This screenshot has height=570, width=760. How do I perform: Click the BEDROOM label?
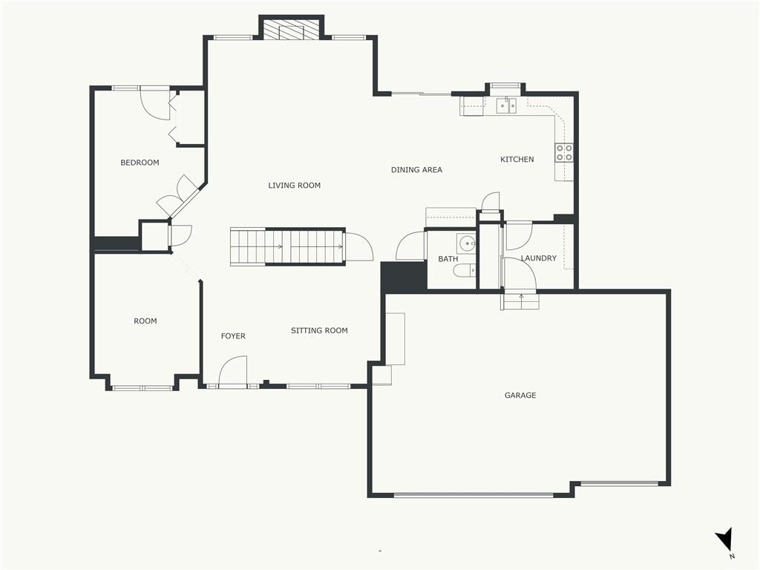click(140, 163)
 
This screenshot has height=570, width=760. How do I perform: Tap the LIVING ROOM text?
click(294, 185)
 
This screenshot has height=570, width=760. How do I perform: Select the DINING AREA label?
click(416, 170)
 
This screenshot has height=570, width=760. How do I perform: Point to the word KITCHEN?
click(517, 159)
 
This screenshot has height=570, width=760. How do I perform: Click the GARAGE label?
click(520, 395)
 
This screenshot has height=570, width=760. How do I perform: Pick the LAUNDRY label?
click(539, 258)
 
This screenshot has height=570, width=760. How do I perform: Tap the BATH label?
click(448, 259)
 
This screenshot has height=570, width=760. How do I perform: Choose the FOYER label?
click(232, 336)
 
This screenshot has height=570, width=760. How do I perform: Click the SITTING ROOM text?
click(319, 330)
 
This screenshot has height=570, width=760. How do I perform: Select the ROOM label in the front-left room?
click(145, 321)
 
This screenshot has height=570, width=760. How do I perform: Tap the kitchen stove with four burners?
click(564, 153)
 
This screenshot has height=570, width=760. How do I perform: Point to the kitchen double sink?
click(506, 105)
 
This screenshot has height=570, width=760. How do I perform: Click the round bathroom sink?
click(468, 243)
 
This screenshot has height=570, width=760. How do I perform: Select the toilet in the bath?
click(464, 271)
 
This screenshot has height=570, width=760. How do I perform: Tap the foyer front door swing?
click(232, 371)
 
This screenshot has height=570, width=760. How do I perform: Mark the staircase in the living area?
click(287, 246)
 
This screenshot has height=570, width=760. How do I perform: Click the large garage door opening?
click(474, 495)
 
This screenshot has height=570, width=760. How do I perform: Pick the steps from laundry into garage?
click(520, 301)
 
